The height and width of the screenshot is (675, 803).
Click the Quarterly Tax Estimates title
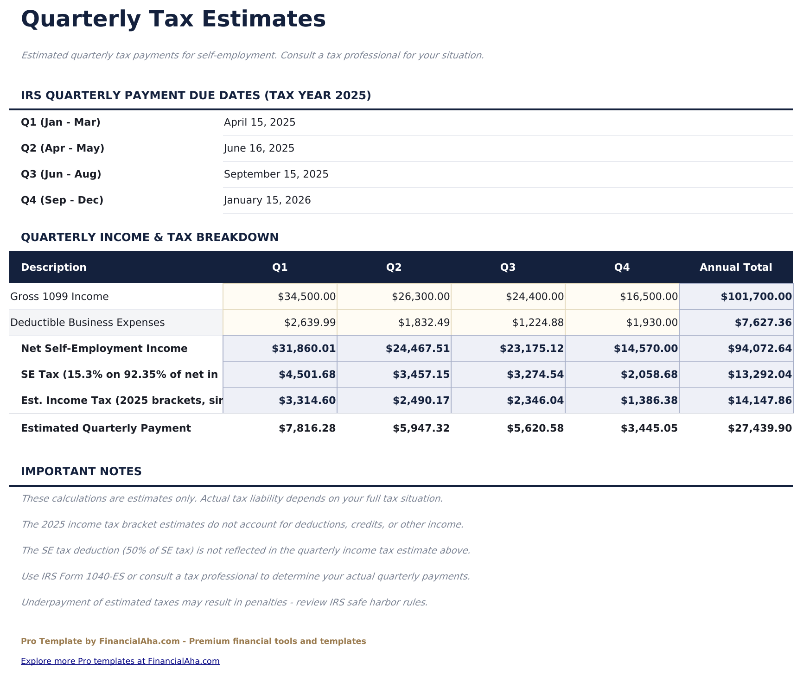pos(173,20)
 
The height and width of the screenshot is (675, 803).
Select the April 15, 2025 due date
pos(260,122)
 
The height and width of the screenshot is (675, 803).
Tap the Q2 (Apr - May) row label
pos(63,148)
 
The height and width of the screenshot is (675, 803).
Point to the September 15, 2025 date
pos(276,174)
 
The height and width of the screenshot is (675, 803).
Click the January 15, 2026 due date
pos(267,200)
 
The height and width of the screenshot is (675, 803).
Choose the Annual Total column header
pos(736,267)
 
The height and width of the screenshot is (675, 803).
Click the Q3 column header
pos(508,267)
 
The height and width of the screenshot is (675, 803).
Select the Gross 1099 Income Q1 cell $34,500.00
pos(306,297)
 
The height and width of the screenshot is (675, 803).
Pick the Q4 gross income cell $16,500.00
pos(649,297)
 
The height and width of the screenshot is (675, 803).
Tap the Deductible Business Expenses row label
pos(88,323)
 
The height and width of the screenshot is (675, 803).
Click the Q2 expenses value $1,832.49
pos(424,323)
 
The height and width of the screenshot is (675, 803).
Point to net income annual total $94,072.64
pos(760,349)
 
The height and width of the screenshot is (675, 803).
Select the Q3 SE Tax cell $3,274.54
pos(536,375)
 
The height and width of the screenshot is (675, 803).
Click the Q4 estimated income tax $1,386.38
pos(649,401)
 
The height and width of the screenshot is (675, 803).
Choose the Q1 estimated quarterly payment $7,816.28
pos(307,428)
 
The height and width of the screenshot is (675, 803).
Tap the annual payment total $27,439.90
pos(760,428)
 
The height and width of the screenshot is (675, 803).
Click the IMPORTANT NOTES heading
pos(81,471)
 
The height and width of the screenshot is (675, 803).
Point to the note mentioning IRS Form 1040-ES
pos(245,577)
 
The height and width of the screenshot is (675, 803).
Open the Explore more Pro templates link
pos(120,661)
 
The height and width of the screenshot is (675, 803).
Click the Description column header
pos(54,267)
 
